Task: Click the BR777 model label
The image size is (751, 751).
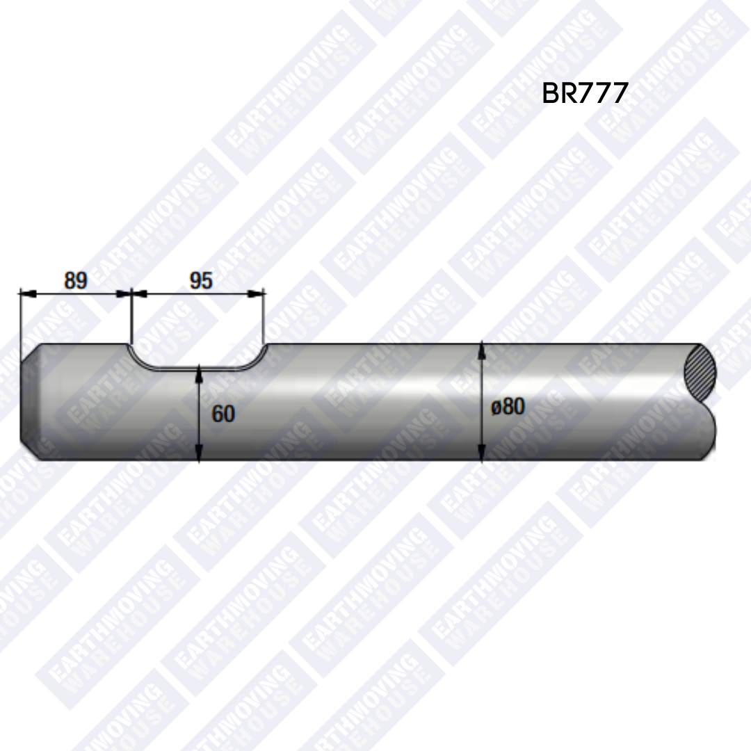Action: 585,93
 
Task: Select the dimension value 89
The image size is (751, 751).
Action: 76,281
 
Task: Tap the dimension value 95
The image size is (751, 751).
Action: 201,281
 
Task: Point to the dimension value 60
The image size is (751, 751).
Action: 223,414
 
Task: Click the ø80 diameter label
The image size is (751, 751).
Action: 508,406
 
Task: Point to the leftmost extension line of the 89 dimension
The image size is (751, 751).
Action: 20,320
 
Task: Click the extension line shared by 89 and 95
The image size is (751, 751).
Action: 131,316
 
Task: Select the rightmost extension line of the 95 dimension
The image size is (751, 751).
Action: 265,316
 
